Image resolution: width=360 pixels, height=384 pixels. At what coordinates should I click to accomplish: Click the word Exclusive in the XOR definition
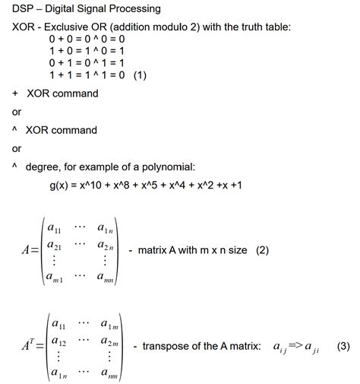click(79, 27)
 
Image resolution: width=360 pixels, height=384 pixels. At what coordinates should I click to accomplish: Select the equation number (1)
click(140, 77)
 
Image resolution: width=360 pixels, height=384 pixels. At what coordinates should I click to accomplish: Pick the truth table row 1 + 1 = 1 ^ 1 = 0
click(86, 77)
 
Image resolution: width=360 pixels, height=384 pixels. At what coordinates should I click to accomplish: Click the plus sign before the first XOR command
click(15, 94)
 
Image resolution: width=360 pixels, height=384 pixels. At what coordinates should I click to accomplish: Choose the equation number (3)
click(343, 346)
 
